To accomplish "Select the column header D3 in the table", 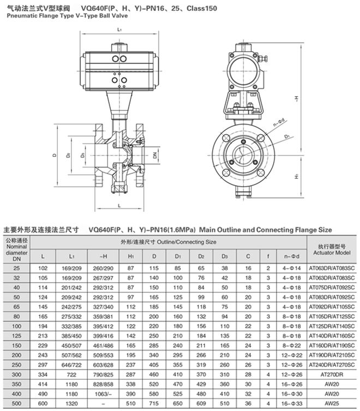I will pos(225,256).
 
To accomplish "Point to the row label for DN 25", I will pos(16,268).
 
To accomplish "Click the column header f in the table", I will pos(268,256).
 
